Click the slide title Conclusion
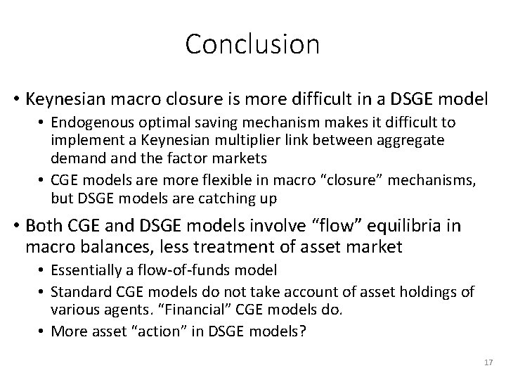click(x=252, y=44)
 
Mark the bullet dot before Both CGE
click(x=15, y=227)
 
